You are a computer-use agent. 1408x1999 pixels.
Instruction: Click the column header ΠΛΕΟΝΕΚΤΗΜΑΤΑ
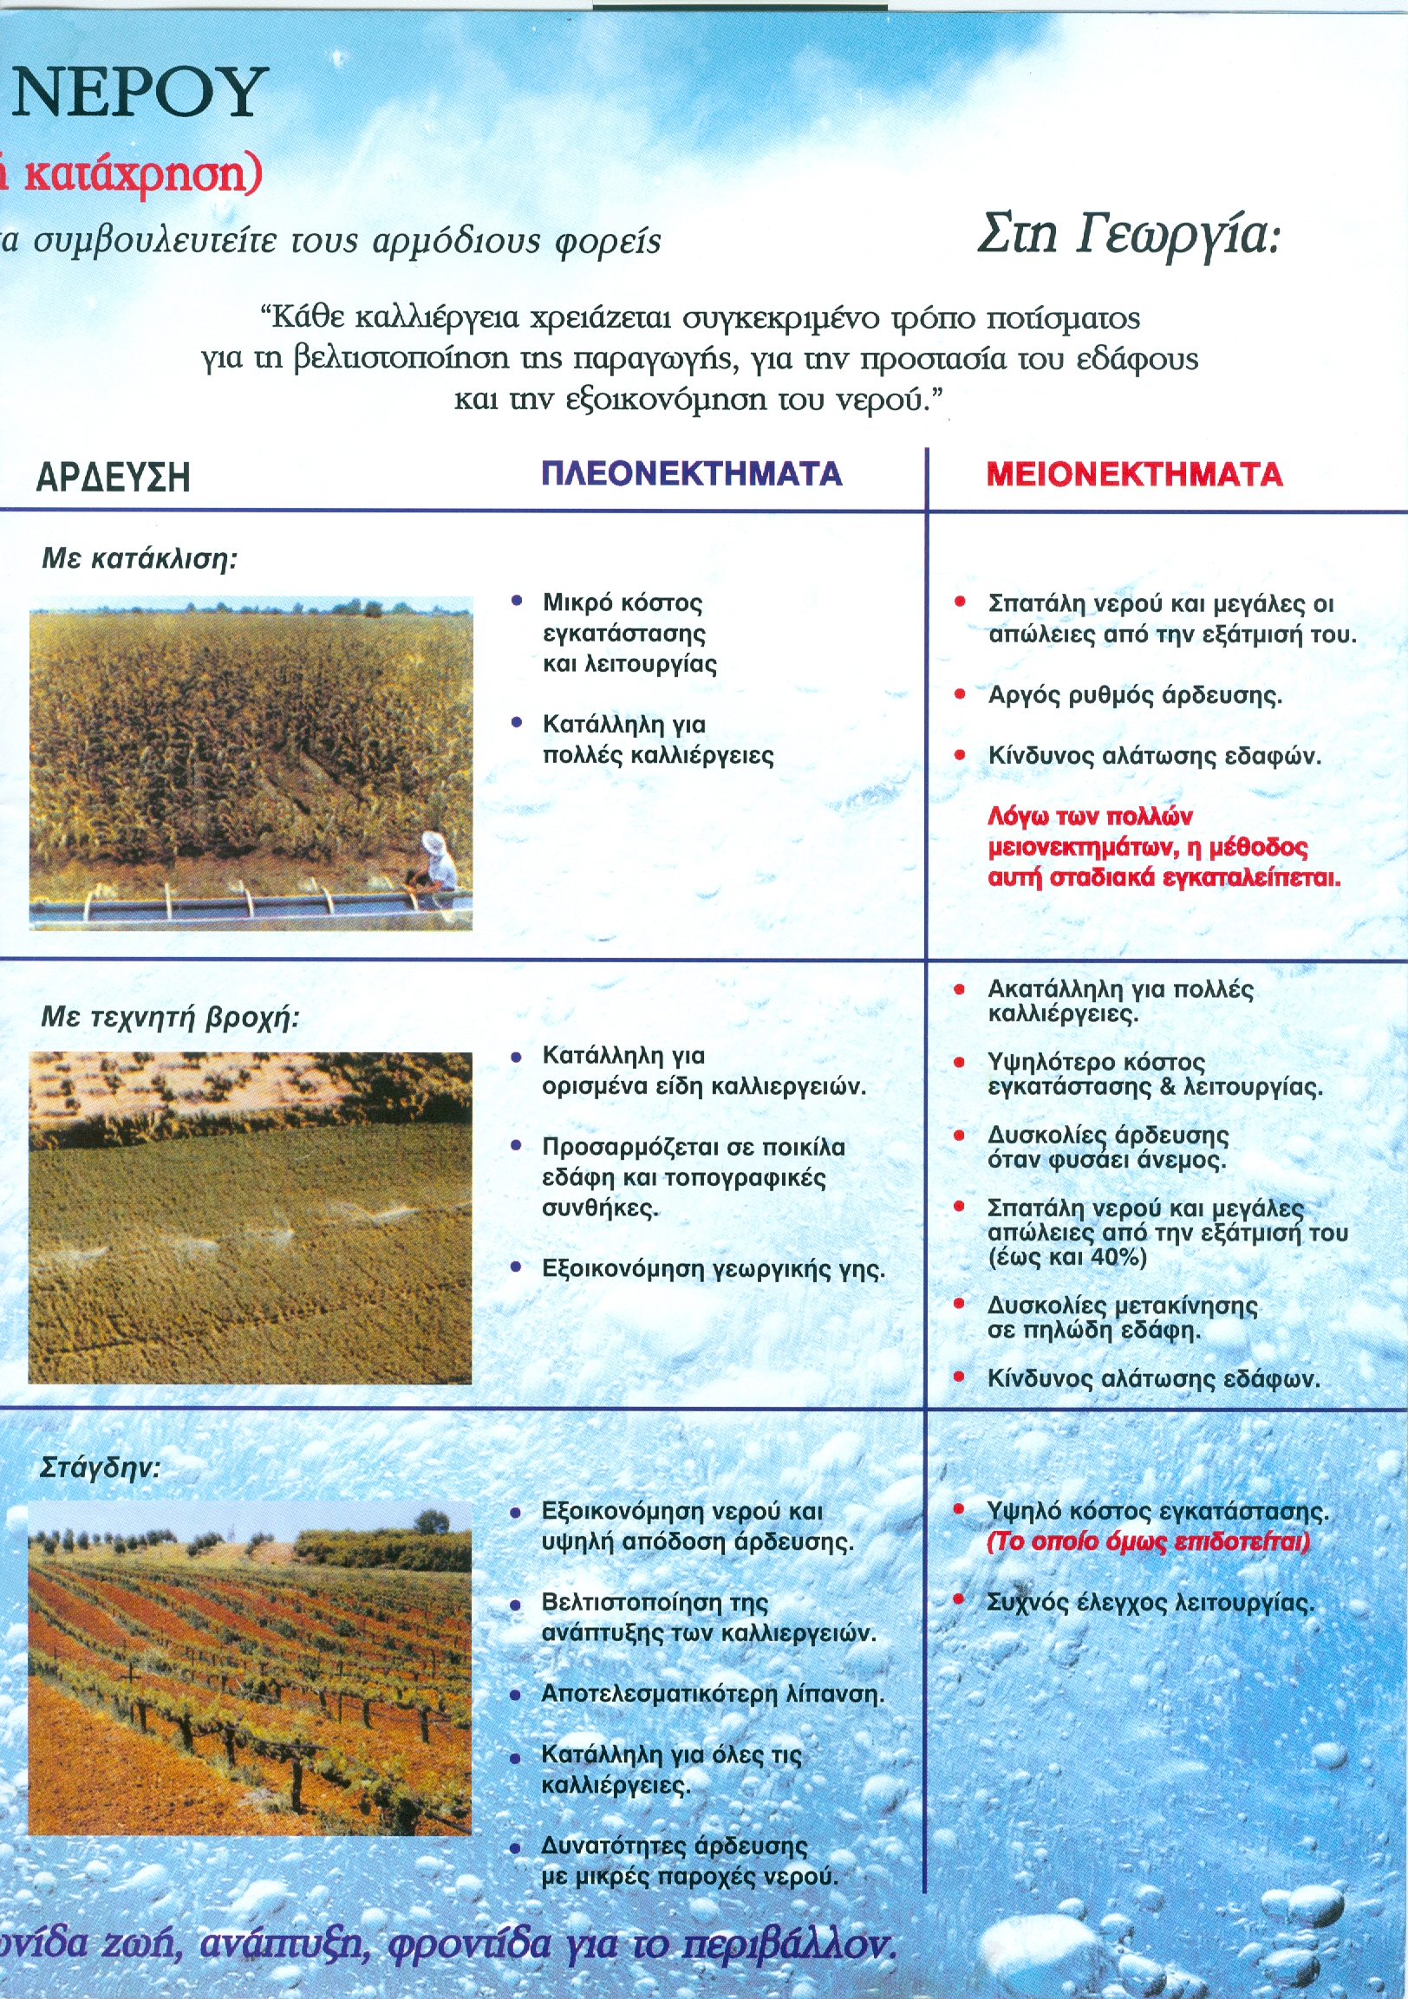coord(691,474)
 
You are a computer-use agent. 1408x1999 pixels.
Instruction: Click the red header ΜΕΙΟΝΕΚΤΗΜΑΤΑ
coord(1134,475)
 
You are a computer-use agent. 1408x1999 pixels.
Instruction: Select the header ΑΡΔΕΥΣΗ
coord(114,478)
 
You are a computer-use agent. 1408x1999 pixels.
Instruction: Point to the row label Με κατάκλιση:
coord(140,558)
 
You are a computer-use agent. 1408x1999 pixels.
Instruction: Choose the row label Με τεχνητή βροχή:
coord(170,1017)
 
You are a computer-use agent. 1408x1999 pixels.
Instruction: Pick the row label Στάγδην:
coord(100,1468)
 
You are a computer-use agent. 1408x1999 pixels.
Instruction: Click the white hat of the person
coord(433,842)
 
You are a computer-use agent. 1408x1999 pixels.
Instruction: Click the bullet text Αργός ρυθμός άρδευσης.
coord(1135,695)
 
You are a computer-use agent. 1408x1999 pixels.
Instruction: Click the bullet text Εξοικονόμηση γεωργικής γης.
coord(714,1268)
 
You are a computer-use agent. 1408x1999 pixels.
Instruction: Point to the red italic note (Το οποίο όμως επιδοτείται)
coord(1148,1542)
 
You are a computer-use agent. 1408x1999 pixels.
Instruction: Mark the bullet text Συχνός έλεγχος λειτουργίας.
coord(1150,1603)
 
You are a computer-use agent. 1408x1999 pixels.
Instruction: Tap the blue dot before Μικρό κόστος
coord(518,601)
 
